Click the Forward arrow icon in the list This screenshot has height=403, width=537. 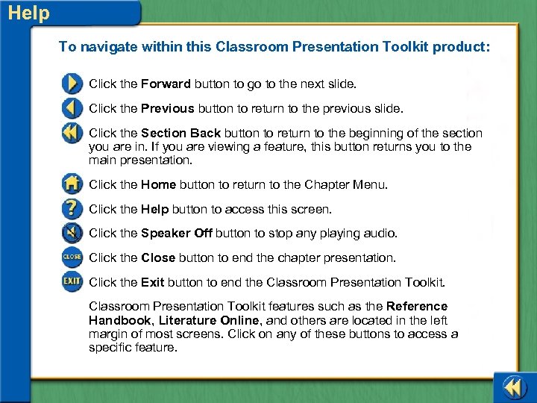pos(72,83)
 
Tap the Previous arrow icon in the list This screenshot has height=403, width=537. pos(72,108)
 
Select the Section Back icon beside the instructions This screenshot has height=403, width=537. pos(72,134)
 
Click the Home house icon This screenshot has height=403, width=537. pos(72,184)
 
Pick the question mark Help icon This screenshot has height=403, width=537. pos(72,209)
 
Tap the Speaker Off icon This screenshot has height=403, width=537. pos(72,234)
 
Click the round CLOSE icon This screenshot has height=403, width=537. pos(72,257)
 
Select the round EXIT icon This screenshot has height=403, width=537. pos(72,282)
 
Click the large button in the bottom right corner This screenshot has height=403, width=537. pos(514,387)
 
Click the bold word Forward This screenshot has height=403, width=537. pos(166,84)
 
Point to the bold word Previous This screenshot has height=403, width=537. pos(167,108)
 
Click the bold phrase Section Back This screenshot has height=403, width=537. pos(180,133)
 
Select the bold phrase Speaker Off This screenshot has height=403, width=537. pos(176,233)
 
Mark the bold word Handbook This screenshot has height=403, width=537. pos(119,319)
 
